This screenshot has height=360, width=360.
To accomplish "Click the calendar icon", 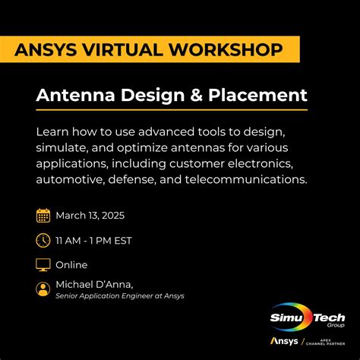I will tap(43, 215).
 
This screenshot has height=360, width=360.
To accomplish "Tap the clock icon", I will tap(43, 240).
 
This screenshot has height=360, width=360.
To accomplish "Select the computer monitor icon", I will tap(43, 265).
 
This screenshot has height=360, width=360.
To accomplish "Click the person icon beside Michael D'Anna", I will tap(43, 289).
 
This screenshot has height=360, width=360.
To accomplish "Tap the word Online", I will tap(72, 265).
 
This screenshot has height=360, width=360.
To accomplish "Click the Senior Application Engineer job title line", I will tap(120, 296).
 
